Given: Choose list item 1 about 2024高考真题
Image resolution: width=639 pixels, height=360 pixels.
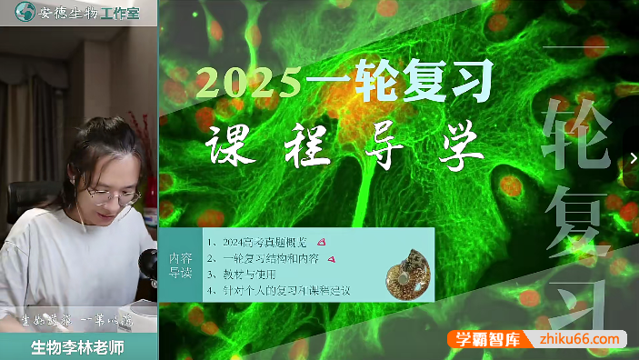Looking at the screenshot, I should click(x=256, y=243).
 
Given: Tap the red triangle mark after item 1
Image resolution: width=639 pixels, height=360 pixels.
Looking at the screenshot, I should click(x=323, y=242).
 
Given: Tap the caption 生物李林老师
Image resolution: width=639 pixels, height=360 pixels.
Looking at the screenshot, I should click(x=77, y=345).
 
